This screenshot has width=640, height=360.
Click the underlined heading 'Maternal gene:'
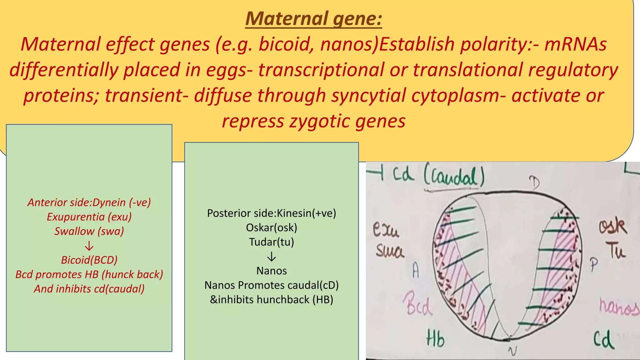tap(313, 19)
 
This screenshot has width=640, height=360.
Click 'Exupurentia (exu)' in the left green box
tap(89, 217)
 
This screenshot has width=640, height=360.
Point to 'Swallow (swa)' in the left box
tap(89, 231)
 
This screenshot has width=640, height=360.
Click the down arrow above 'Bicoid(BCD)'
tap(89, 246)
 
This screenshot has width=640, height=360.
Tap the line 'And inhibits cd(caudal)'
tap(89, 289)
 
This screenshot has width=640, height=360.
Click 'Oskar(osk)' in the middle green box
tap(271, 227)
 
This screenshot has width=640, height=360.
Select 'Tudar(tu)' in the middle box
tap(271, 242)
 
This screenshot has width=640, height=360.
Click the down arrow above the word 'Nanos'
tap(272, 257)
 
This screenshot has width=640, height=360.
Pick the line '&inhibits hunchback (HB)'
tap(271, 300)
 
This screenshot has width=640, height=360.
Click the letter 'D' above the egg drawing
tap(534, 182)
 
